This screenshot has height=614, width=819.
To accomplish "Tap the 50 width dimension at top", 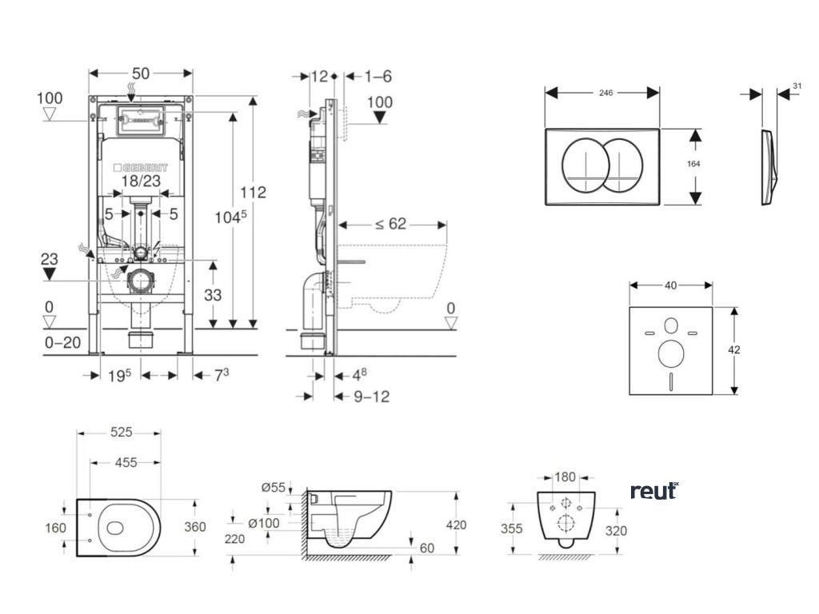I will pyautogui.click(x=141, y=74).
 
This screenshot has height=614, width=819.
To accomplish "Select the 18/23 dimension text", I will pyautogui.click(x=141, y=181).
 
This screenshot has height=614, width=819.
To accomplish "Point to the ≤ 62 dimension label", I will pyautogui.click(x=390, y=224).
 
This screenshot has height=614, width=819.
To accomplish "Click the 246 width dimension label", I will pyautogui.click(x=605, y=94).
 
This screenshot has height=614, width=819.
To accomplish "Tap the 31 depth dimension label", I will pyautogui.click(x=797, y=86).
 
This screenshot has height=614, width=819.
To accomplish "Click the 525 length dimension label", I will pyautogui.click(x=121, y=433).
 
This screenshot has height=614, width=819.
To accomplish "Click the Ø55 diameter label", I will pyautogui.click(x=274, y=487).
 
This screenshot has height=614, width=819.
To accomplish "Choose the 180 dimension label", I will pyautogui.click(x=565, y=477).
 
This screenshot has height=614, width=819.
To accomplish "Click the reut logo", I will pyautogui.click(x=653, y=491).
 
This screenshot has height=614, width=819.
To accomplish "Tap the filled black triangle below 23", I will pyautogui.click(x=50, y=274).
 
